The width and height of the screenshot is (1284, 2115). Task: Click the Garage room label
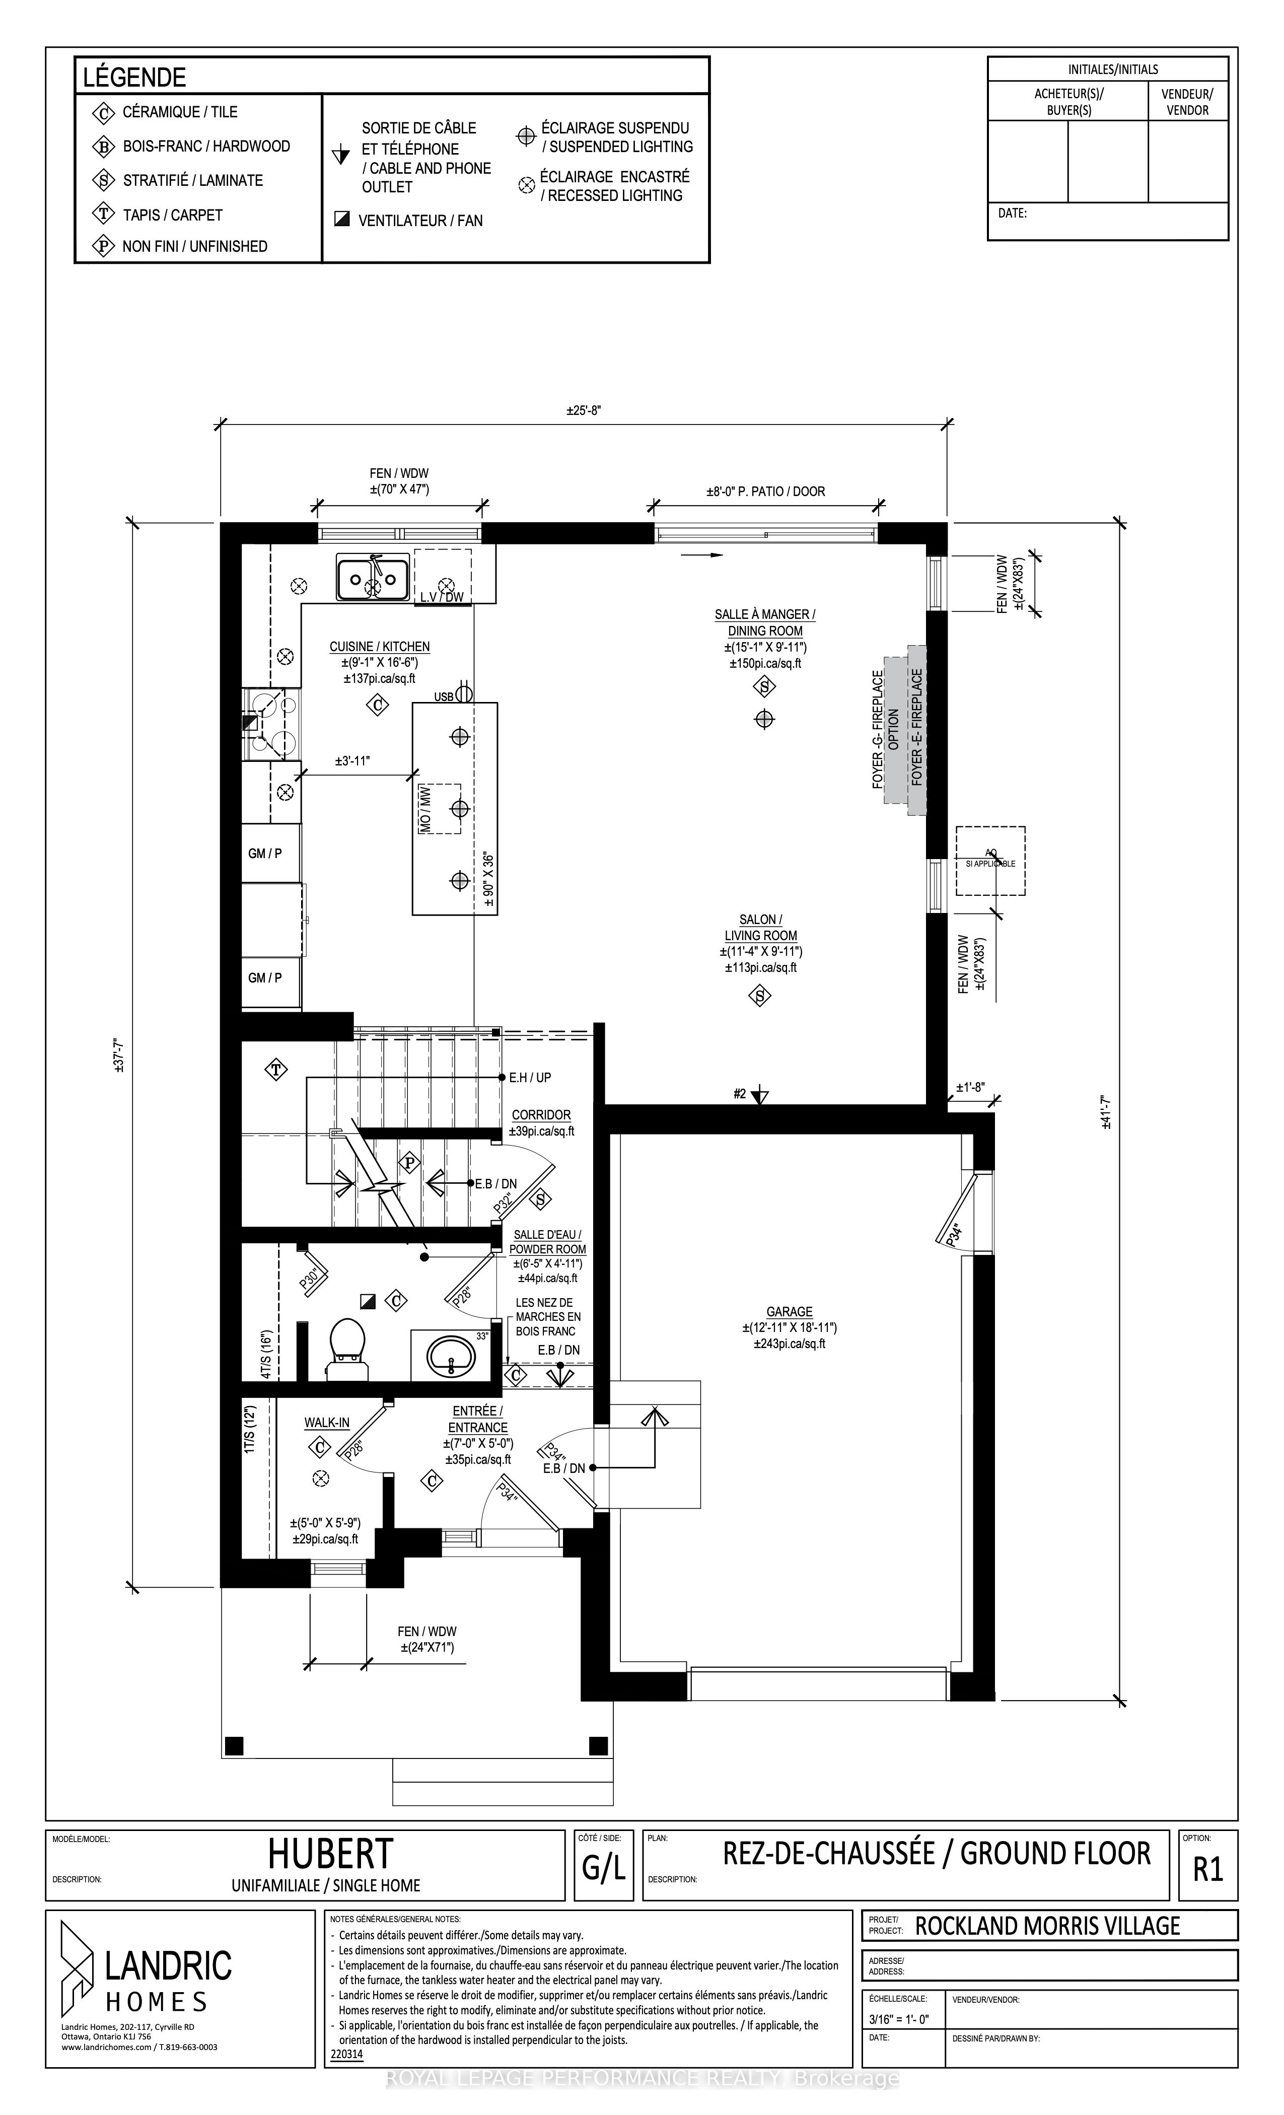[x=789, y=1312]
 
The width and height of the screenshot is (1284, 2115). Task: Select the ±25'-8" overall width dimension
[x=584, y=410]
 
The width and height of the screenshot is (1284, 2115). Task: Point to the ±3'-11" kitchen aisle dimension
[x=353, y=760]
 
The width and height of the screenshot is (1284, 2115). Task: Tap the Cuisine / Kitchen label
[x=379, y=647]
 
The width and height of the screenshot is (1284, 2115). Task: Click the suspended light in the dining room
[x=764, y=719]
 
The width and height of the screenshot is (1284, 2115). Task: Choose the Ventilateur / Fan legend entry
[x=408, y=221]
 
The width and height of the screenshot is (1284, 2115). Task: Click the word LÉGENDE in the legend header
[x=135, y=77]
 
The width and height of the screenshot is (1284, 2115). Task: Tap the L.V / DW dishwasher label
[x=442, y=597]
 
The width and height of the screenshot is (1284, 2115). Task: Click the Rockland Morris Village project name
[x=1048, y=1942]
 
